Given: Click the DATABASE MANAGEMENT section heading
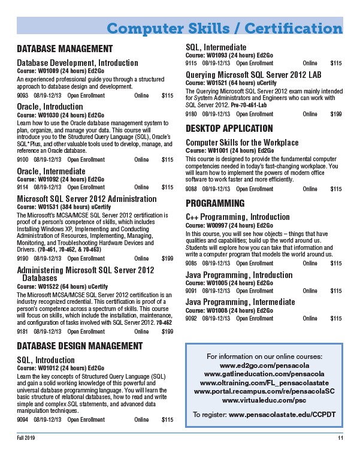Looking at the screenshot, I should click(65, 49).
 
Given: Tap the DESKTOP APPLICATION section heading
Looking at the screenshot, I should click(229, 128).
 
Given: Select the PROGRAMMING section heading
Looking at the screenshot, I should click(215, 203).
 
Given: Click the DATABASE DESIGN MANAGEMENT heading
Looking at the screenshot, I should click(80, 346).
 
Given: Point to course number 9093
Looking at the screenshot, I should click(23, 95).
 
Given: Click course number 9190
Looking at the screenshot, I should click(23, 258).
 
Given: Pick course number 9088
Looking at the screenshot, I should click(192, 189).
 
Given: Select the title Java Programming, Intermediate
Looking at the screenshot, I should click(240, 301).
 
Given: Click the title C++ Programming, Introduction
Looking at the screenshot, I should click(238, 216).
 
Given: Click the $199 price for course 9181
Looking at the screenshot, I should click(167, 331).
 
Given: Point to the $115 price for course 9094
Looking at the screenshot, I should click(167, 419).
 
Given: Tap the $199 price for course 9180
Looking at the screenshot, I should click(336, 113).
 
